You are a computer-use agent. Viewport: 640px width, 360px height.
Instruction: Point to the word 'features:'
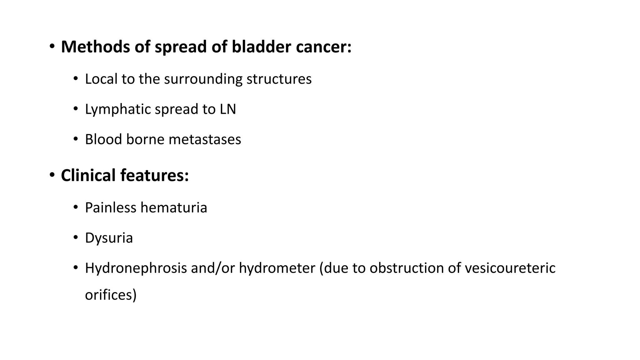[155, 175]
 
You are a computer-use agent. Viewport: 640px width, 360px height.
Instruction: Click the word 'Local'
[101, 79]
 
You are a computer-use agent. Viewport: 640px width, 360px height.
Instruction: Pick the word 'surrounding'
[203, 79]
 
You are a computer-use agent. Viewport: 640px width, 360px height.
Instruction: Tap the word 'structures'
[279, 79]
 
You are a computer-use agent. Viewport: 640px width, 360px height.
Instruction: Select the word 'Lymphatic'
[118, 109]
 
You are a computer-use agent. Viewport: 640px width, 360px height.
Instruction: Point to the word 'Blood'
[103, 139]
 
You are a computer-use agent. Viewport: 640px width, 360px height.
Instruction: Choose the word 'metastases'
[205, 139]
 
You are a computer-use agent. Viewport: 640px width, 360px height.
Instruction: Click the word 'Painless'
[111, 207]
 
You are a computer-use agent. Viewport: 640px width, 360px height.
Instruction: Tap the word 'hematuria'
[174, 207]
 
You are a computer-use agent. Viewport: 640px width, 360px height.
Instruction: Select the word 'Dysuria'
[109, 238]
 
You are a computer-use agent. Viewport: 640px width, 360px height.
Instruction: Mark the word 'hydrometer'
[277, 268]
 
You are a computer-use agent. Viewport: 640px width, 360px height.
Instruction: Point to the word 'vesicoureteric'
[510, 268]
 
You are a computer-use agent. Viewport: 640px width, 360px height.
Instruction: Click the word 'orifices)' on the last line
[111, 295]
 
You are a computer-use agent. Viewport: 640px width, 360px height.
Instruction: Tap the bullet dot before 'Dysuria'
[75, 237]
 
